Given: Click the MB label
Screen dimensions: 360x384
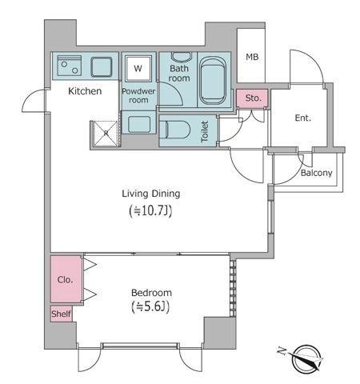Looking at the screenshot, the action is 252,57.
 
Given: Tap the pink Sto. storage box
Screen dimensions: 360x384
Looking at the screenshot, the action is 252,98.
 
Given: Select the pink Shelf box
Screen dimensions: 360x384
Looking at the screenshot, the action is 62,314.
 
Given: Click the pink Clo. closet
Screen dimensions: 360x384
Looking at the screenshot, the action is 66,279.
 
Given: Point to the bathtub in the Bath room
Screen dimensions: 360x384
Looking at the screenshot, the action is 212,82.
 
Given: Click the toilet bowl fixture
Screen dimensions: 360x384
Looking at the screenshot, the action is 174,130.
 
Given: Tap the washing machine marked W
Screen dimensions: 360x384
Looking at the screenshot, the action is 138,69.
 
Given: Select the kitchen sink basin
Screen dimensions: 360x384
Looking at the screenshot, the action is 102,67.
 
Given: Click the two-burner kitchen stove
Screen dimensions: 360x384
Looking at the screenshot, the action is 70,66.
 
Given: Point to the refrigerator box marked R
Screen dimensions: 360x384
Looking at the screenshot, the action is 106,134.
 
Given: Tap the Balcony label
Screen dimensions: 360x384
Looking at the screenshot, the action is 317,173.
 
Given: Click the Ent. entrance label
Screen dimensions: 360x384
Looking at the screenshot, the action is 303,118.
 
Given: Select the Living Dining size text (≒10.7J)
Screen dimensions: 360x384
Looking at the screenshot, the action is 150,210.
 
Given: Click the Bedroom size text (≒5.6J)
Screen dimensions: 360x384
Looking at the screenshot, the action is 151,307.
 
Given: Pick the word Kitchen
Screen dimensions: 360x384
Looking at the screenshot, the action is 85,91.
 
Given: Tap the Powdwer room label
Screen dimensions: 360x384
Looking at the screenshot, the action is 138,95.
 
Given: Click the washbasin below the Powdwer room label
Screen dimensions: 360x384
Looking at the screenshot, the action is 138,124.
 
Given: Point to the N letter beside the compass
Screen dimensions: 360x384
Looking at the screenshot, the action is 282,350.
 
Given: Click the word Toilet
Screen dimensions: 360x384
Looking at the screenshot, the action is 205,131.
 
